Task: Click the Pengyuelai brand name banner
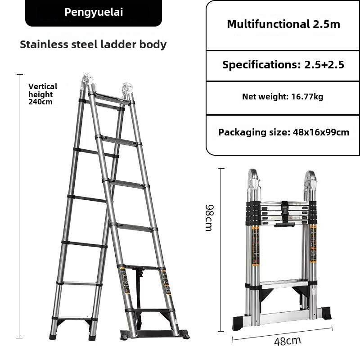(x=94, y=12)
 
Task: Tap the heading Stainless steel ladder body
(x=93, y=44)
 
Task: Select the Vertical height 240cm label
(x=43, y=94)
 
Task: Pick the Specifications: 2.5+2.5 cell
(x=283, y=65)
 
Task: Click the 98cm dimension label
(x=209, y=217)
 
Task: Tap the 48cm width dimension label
(x=288, y=341)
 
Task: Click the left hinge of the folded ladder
(x=254, y=181)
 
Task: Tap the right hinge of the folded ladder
(x=310, y=183)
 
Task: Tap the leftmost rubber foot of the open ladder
(x=53, y=336)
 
